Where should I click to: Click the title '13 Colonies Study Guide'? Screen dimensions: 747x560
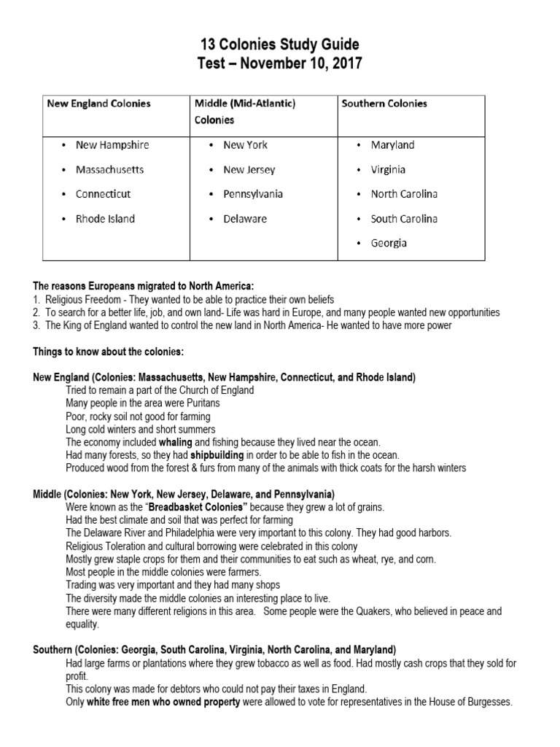point(280,45)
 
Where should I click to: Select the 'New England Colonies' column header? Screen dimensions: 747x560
point(98,104)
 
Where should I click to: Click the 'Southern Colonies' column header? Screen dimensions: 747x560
point(384,104)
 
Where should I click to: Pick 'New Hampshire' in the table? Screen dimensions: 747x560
point(112,144)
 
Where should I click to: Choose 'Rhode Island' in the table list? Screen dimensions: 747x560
point(105,218)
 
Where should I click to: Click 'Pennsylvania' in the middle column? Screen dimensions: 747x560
point(253,194)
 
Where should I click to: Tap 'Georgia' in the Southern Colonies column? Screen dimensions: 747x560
point(389,243)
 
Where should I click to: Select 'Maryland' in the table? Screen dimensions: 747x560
point(392,144)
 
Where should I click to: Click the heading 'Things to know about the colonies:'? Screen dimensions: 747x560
point(106,352)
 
